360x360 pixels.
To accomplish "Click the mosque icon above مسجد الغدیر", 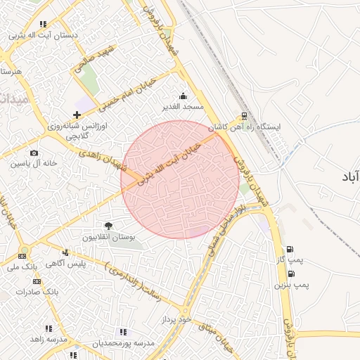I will point(184,96).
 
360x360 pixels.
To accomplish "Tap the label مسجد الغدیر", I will point(184,107).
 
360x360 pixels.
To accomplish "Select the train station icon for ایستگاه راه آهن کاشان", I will point(244,116).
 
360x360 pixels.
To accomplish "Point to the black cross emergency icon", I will point(77,114).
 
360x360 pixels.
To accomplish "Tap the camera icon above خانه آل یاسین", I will point(34,153).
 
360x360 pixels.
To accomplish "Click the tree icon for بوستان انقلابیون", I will point(108,226).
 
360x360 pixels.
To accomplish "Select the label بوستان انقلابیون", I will point(108,237).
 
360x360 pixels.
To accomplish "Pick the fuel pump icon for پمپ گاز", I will point(290,249).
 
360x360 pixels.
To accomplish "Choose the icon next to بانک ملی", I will point(23,255).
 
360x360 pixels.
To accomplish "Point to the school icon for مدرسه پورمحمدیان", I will point(124,332).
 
